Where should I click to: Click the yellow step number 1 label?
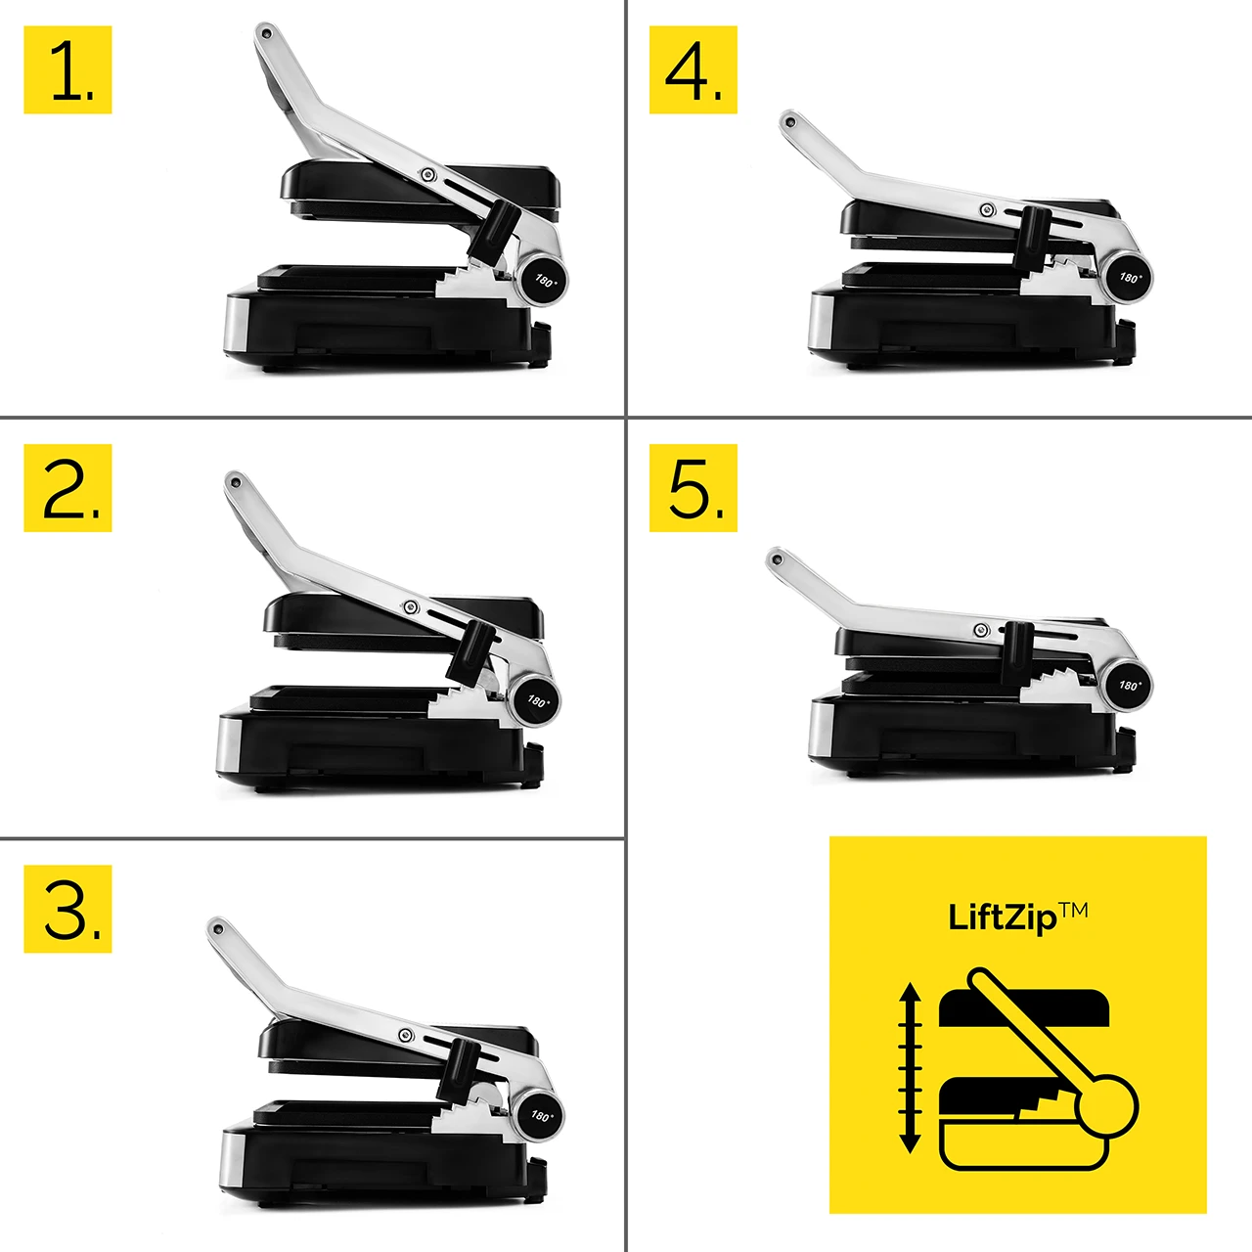point(67,69)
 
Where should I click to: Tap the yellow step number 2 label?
point(67,488)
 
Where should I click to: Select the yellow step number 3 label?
point(67,909)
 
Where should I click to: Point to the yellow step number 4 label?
point(693,69)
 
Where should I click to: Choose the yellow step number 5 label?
point(693,488)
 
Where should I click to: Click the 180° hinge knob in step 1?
point(543,280)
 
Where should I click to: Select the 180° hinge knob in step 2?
point(536,700)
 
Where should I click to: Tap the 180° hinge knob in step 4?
point(1128,277)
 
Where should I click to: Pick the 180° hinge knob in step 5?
point(1128,685)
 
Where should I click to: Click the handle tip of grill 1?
point(264,33)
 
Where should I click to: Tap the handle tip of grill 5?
point(776,559)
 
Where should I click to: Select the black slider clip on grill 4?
point(1031,237)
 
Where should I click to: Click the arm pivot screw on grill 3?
point(406,1036)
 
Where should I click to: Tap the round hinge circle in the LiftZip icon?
point(1107,1106)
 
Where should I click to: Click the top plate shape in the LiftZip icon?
point(1024,1007)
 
